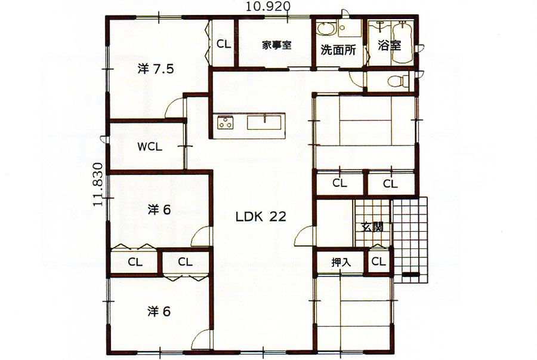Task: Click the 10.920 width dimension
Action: point(268,6)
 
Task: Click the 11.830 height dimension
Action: point(98,184)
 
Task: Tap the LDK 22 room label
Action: point(261,217)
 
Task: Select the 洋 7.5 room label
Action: point(156,69)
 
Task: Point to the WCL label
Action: point(150,147)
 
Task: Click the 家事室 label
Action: point(277,45)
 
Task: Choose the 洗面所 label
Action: point(338,50)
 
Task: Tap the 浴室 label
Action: point(390,45)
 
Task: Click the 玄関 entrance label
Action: point(372,226)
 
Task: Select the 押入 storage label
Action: point(341,262)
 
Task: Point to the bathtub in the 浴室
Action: point(402,42)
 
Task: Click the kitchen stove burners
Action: point(225,122)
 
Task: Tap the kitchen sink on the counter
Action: point(264,122)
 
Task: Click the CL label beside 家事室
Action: point(224,44)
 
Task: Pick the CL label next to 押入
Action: point(378,261)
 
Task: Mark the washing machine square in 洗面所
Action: point(349,27)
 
